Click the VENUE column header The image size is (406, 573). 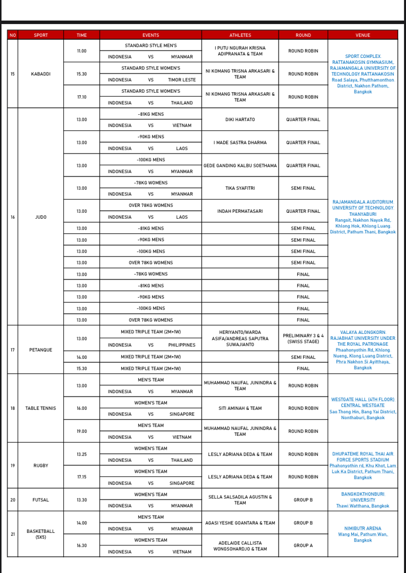click(x=363, y=35)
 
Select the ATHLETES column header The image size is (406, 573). click(x=240, y=35)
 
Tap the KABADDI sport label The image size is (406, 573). click(x=41, y=74)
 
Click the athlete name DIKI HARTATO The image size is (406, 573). click(x=240, y=120)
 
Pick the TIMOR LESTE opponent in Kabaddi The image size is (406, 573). click(x=181, y=80)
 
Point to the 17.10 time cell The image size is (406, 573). click(x=82, y=97)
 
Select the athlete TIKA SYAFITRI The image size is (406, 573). click(x=240, y=188)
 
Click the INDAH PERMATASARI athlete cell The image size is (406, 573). click(x=240, y=211)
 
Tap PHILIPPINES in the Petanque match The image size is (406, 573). click(x=181, y=345)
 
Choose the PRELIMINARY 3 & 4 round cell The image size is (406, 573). click(x=303, y=339)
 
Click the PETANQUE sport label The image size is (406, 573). click(x=41, y=350)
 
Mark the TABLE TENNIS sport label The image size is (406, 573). click(x=41, y=408)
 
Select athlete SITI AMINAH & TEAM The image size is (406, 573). click(x=240, y=408)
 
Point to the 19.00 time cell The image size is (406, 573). click(x=82, y=431)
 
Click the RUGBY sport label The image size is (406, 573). click(x=41, y=466)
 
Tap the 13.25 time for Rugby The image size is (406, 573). click(x=82, y=454)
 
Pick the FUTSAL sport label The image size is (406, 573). click(x=41, y=500)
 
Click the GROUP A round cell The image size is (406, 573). click(x=303, y=546)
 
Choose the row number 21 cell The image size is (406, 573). click(x=13, y=534)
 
